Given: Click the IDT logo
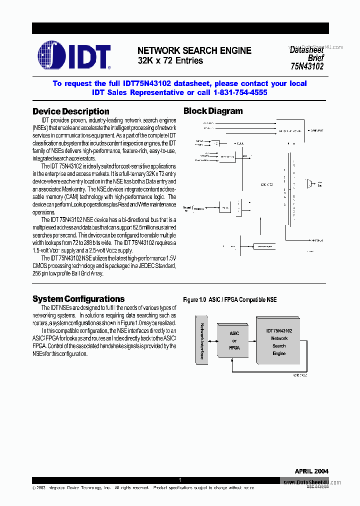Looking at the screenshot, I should coord(74,55).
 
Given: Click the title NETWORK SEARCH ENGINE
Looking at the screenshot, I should coord(194,50).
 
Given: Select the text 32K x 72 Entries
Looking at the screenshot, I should coord(170,61).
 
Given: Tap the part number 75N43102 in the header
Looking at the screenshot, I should coord(306,65).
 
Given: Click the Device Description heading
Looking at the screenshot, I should coord(70,111).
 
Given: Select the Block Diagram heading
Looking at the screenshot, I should coord(213,111).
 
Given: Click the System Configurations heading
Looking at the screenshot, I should coord(78,299).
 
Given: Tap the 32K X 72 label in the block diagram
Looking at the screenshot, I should coord(266,184).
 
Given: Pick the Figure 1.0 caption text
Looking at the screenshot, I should coord(229,300).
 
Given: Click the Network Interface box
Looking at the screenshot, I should coord(201,340).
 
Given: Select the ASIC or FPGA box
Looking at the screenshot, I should coord(234,340).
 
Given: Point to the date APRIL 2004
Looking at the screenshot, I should coord(311,471).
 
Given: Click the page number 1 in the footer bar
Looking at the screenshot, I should coord(180,480).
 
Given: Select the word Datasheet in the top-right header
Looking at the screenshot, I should coord(306,50).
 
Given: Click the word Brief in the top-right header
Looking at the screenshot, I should coord(315,57).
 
